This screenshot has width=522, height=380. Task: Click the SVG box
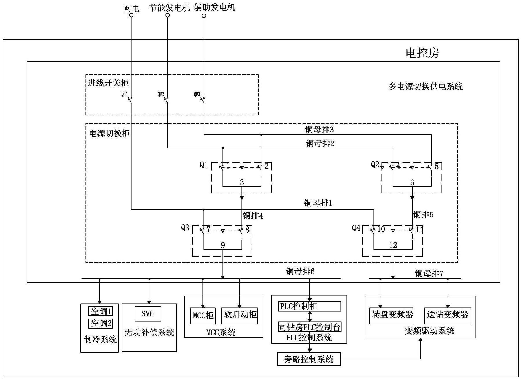[x=148, y=314]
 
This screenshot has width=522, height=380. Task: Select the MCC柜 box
[x=203, y=316]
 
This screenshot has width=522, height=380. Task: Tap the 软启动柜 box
[x=239, y=316]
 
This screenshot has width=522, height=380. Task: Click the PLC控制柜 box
[x=309, y=306]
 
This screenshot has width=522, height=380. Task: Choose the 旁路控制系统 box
[x=309, y=359]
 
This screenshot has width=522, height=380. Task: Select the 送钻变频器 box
[x=447, y=316]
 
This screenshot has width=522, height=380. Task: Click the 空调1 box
[x=100, y=311]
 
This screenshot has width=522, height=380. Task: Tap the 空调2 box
[x=100, y=323]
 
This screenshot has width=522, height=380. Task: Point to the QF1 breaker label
[x=124, y=94]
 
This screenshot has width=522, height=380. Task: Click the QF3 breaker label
[x=197, y=94]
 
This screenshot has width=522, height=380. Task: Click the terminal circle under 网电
[x=131, y=15]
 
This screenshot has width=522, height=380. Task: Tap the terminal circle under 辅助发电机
[x=204, y=16]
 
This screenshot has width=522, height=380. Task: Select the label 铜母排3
[x=319, y=130]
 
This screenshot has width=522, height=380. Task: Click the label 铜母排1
[x=318, y=203]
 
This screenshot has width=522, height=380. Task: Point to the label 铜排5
[x=423, y=215]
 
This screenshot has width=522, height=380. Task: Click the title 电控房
[x=422, y=53]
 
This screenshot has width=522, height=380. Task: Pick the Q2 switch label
[x=375, y=165]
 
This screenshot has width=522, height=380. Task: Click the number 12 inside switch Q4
[x=393, y=245]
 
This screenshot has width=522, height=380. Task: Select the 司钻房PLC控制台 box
[x=309, y=327]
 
